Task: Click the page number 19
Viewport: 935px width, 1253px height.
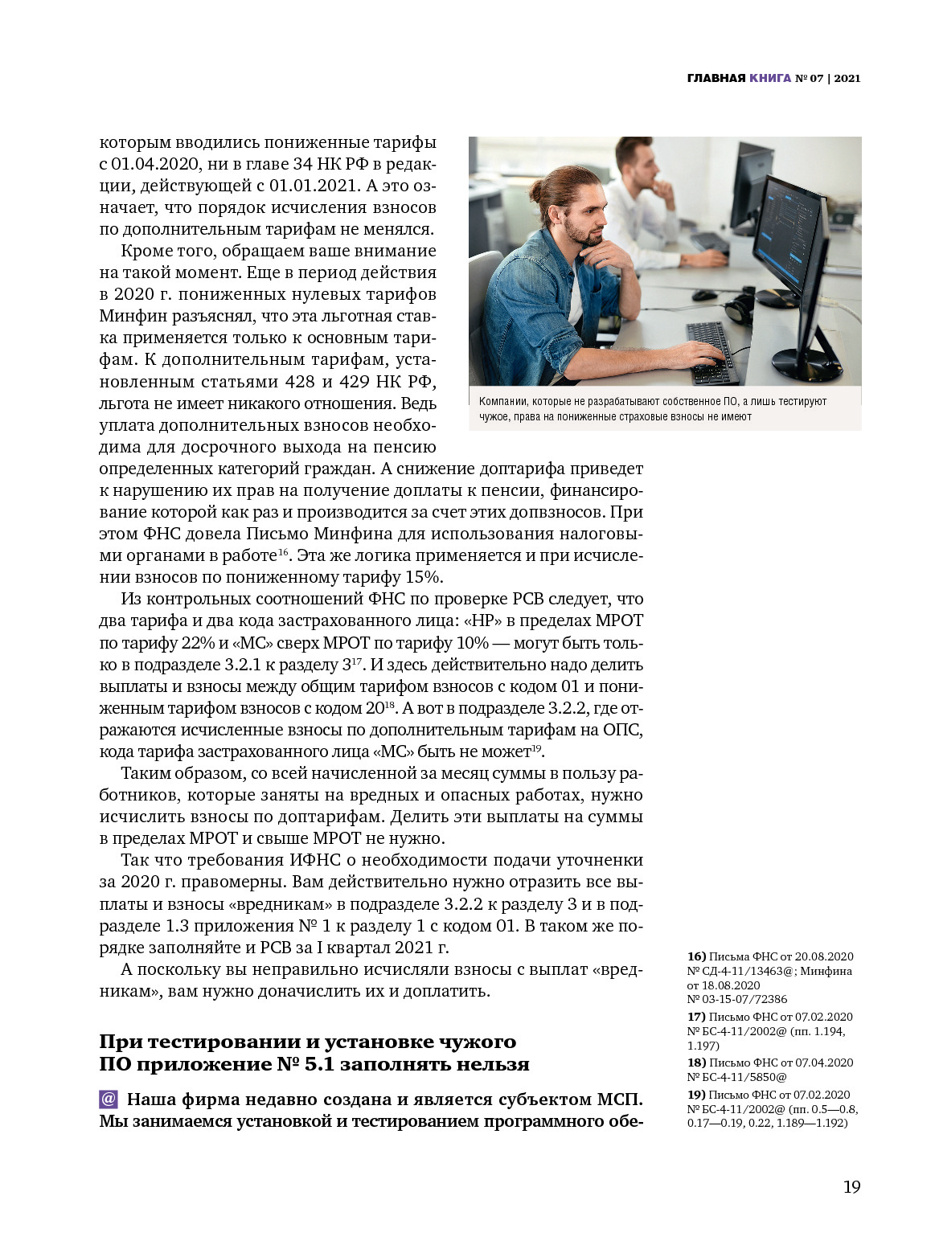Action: point(851,1187)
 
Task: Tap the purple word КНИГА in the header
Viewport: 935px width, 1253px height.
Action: point(769,78)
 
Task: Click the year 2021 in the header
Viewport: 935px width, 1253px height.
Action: point(847,78)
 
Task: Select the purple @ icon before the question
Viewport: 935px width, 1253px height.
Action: point(109,1099)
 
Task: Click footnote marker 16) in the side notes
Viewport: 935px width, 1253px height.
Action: point(696,956)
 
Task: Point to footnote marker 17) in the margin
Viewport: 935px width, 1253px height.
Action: point(696,1017)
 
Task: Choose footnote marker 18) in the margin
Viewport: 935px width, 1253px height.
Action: point(696,1063)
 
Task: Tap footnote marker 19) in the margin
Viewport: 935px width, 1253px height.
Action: point(696,1095)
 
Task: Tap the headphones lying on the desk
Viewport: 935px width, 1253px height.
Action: point(740,309)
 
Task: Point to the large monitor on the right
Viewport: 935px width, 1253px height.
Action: point(792,249)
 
